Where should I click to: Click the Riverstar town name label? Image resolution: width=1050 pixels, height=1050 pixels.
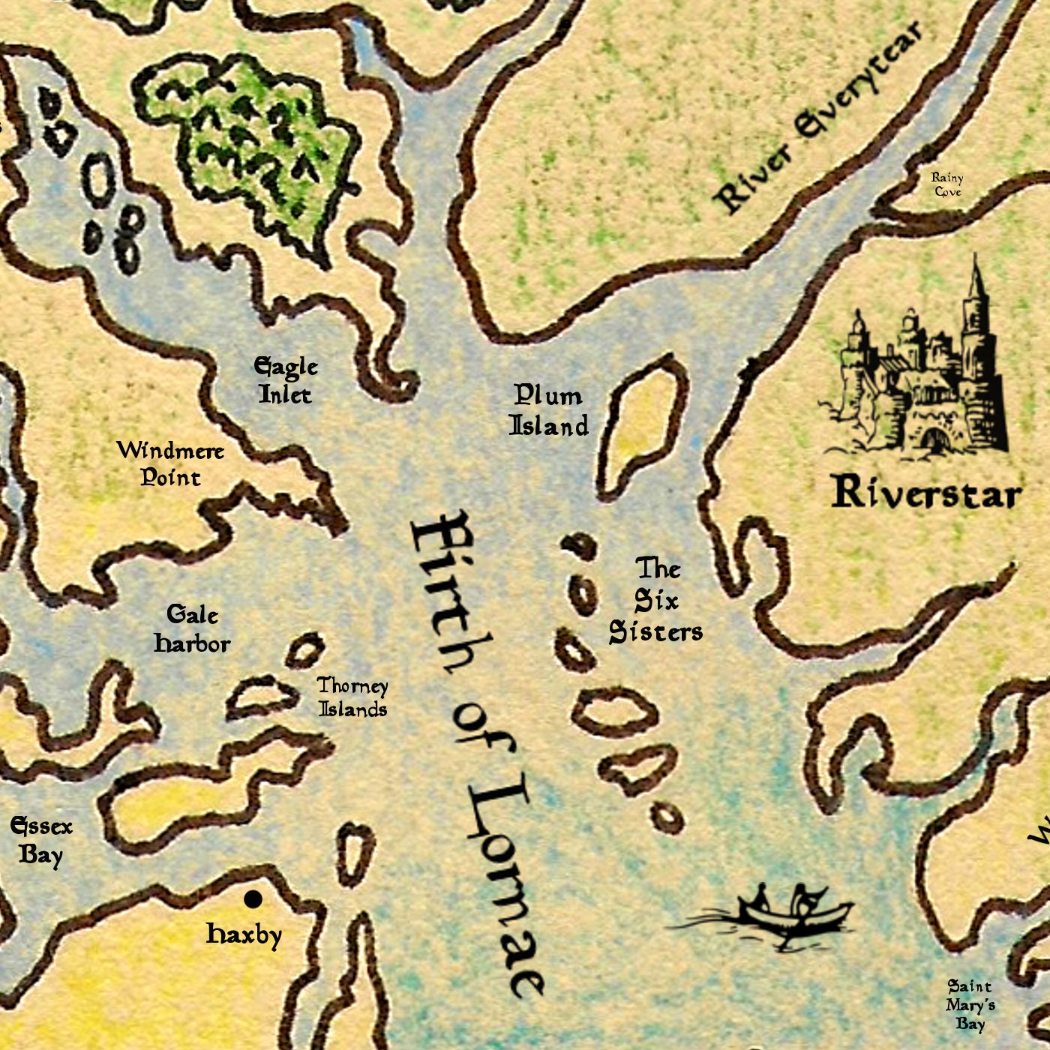[926, 493]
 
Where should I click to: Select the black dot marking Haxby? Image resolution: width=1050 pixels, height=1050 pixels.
[253, 898]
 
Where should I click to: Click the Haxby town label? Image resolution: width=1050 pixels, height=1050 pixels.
[244, 934]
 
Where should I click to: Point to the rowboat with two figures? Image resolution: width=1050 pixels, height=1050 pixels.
[787, 911]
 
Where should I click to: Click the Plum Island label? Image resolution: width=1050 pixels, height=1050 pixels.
[549, 411]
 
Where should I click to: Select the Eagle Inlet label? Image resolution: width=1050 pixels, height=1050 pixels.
[286, 380]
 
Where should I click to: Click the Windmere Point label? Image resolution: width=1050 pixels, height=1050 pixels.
[170, 463]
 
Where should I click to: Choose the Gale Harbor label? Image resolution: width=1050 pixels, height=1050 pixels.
[192, 629]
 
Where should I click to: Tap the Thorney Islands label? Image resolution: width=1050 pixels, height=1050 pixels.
[352, 697]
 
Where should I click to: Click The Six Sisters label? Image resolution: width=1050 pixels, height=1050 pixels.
[655, 601]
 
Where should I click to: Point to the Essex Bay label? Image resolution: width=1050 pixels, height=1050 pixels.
[41, 840]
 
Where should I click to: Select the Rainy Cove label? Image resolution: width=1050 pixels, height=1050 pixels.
[947, 184]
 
